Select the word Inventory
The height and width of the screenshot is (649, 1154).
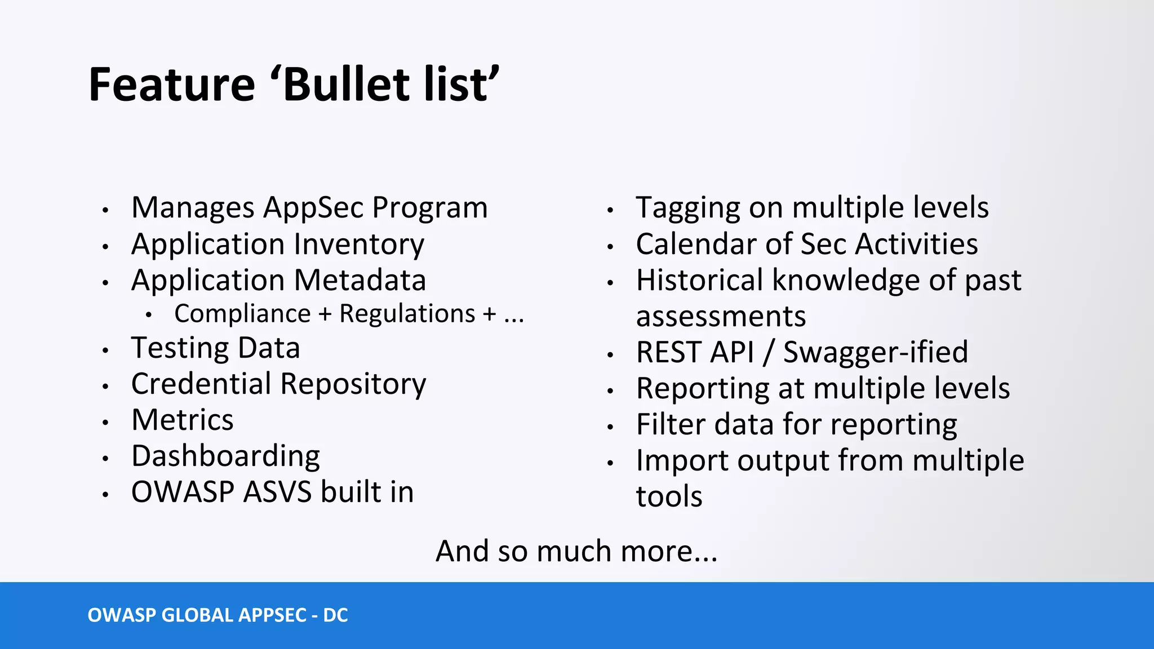(359, 245)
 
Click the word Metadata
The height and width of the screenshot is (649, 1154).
(360, 280)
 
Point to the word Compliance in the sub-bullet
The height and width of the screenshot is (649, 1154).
(242, 314)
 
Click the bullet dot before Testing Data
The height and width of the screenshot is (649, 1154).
(105, 350)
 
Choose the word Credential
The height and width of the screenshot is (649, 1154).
(201, 384)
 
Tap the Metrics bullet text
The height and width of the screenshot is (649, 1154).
(182, 420)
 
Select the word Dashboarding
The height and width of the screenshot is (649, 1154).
(225, 456)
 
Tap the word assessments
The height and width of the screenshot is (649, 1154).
(721, 317)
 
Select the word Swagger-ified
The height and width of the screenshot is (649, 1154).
(875, 353)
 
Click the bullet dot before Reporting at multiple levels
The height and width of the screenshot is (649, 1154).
(610, 390)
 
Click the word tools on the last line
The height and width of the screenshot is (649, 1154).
(669, 497)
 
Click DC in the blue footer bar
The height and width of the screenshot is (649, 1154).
(335, 615)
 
